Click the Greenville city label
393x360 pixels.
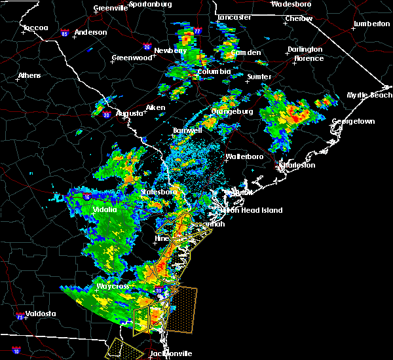pyautogui.click(x=110, y=8)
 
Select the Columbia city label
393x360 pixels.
pyautogui.click(x=214, y=71)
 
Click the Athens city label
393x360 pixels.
pyautogui.click(x=29, y=75)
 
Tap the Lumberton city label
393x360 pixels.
pyautogui.click(x=371, y=24)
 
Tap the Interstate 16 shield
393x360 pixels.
pyautogui.click(x=87, y=196)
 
